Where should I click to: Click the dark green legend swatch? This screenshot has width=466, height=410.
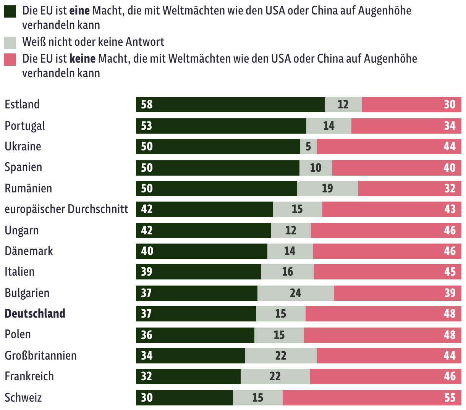point(10,11)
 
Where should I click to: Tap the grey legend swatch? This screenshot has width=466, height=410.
point(10,42)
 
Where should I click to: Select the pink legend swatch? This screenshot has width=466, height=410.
point(10,59)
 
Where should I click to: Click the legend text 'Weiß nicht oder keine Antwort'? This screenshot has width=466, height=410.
point(93,42)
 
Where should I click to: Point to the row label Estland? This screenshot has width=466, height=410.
point(22,105)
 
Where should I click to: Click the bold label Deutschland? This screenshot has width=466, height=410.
point(35,314)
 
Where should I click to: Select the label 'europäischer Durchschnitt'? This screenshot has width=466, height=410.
point(66,209)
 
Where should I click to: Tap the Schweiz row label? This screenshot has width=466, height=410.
point(23,398)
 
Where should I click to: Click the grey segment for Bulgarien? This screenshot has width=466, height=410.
point(295,293)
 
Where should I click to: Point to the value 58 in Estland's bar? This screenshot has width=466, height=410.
point(147,105)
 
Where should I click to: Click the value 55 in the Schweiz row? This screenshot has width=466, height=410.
point(450,398)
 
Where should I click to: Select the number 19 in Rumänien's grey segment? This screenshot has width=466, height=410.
point(327,189)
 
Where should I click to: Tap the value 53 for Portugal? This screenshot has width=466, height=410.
point(147,126)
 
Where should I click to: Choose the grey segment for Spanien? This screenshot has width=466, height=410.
point(316,168)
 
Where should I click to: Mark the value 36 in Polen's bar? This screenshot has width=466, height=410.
point(147,335)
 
